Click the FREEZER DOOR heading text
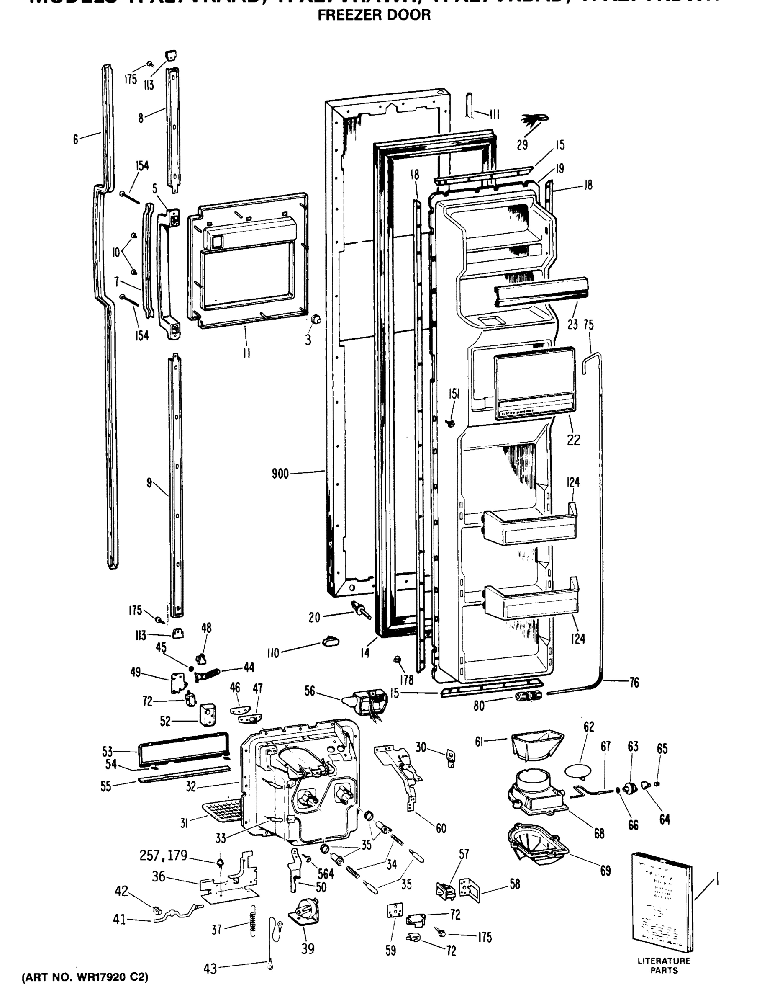click(374, 15)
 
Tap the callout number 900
click(280, 474)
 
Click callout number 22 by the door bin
click(574, 440)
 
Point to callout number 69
click(605, 871)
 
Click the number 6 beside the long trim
click(76, 139)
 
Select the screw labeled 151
click(451, 423)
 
